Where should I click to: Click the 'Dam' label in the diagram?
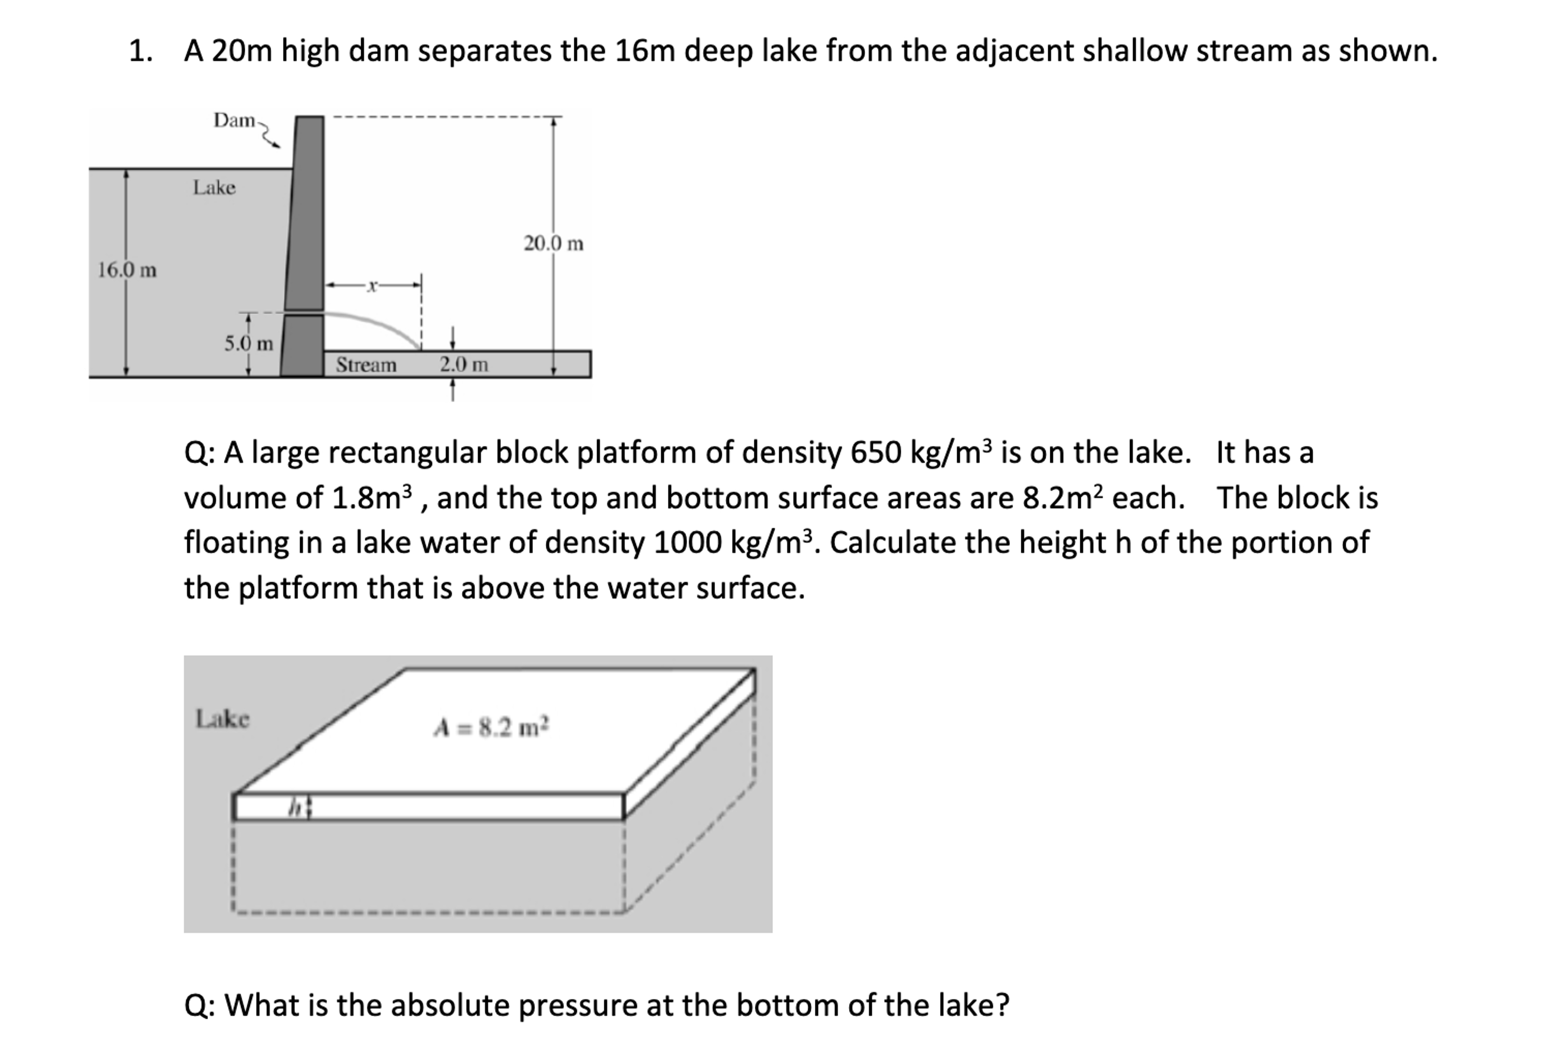click(233, 121)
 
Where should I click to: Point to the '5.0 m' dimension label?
click(248, 344)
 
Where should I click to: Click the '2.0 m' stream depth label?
click(464, 365)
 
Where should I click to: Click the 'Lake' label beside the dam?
click(214, 188)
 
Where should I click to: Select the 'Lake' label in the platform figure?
click(222, 719)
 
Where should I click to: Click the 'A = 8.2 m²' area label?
click(492, 727)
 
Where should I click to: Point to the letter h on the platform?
click(294, 806)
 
